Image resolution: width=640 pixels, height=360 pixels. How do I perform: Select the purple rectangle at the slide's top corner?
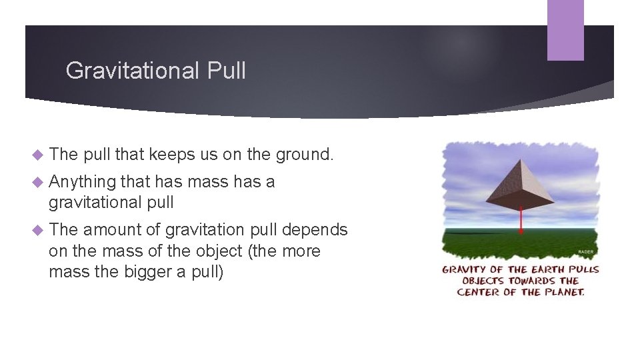(565, 30)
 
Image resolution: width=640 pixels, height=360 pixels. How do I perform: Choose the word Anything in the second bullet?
(82, 182)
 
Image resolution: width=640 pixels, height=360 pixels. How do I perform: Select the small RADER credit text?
(585, 253)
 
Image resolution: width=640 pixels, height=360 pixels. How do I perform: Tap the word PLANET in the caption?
(563, 292)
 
